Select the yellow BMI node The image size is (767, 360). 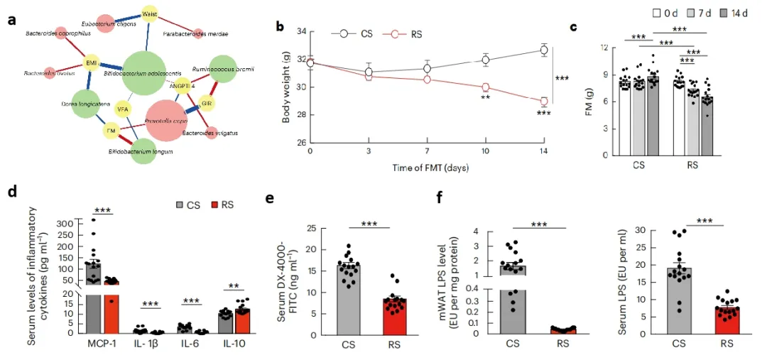click(91, 64)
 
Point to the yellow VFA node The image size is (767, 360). click(123, 109)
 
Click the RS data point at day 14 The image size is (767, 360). click(543, 102)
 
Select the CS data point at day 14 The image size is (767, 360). click(543, 50)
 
